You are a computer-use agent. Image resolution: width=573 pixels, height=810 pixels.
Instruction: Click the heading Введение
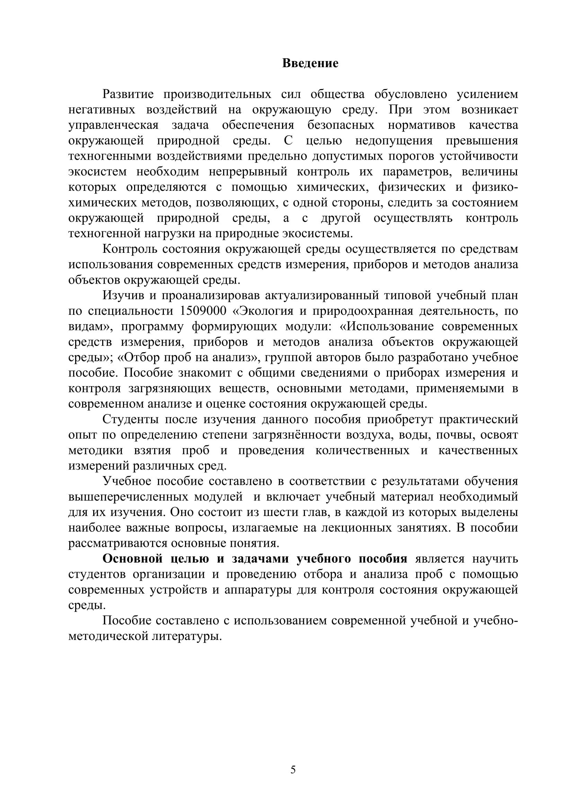(x=310, y=63)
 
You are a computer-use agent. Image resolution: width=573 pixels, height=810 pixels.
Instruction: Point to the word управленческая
(x=113, y=125)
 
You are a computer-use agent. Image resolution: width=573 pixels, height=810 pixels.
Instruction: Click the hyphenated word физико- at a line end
(x=495, y=187)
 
